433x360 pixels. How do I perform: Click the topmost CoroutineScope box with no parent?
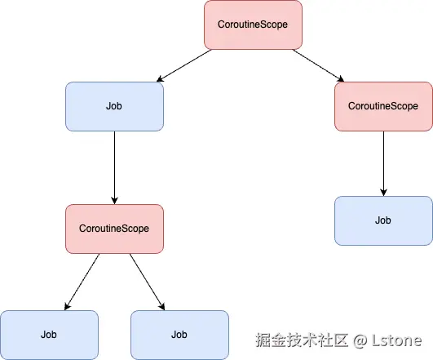(x=252, y=24)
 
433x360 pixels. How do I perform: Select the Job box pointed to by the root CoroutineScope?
(x=114, y=106)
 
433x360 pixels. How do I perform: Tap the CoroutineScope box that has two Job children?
(x=114, y=229)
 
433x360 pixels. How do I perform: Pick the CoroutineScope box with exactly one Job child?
(x=382, y=106)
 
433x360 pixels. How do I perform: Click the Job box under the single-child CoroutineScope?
(x=383, y=220)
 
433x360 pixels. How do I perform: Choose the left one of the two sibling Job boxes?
(x=49, y=335)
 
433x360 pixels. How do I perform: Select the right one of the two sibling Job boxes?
(x=179, y=335)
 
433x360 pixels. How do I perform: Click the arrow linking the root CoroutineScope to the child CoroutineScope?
(x=318, y=65)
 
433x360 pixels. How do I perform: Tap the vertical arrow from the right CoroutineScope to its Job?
(x=383, y=162)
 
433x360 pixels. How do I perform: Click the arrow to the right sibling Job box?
(x=147, y=281)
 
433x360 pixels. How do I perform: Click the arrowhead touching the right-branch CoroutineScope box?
(x=339, y=79)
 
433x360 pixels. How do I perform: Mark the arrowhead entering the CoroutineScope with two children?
(x=114, y=199)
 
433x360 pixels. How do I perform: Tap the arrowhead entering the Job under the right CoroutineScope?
(x=383, y=191)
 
